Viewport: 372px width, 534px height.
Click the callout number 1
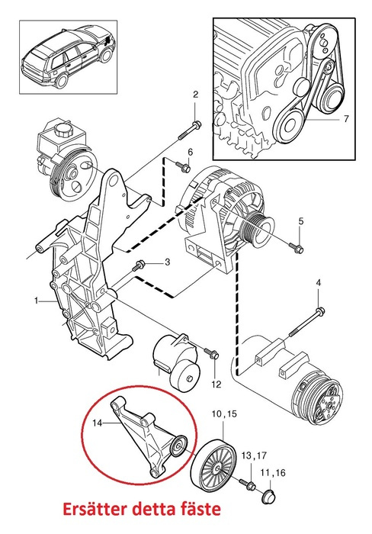click(36, 302)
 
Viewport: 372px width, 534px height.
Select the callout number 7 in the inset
click(345, 119)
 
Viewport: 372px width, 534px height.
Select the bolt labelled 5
click(297, 247)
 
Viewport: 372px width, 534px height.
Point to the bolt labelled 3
click(139, 266)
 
